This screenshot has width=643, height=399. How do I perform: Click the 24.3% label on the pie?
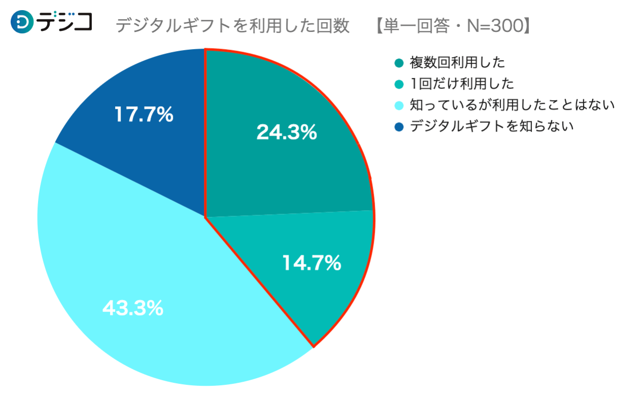287,132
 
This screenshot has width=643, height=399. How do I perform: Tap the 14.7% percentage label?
311,263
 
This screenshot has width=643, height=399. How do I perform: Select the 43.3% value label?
133,308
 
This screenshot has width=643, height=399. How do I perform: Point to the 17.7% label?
143,115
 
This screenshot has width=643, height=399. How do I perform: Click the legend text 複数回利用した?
457,63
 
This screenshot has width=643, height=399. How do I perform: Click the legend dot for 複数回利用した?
399,63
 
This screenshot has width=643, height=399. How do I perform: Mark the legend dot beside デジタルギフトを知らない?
399,126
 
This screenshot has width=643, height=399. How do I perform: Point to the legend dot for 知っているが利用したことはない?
399,105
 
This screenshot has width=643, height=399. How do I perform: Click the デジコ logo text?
65,21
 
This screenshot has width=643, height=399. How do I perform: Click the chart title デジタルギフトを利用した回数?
232,26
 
